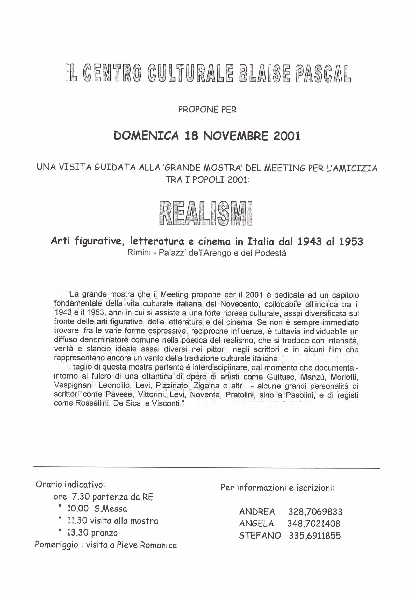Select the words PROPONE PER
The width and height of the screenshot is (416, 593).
pyautogui.click(x=207, y=110)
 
